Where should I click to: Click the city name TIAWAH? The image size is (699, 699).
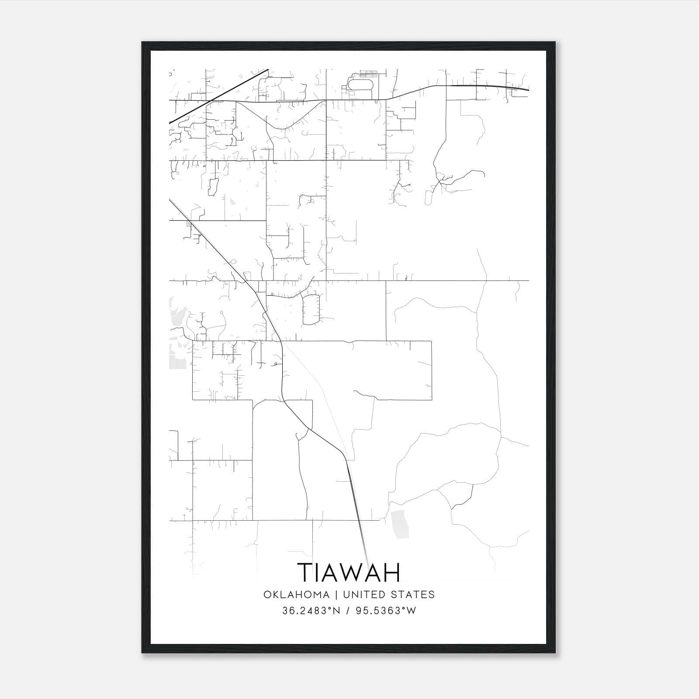[349, 573]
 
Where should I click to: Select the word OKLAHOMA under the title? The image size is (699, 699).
[296, 595]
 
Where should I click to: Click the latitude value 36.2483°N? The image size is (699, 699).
[311, 611]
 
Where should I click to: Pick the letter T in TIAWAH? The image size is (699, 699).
[305, 573]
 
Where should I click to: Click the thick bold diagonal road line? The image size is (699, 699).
[218, 96]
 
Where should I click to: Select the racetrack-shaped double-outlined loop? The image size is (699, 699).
[361, 83]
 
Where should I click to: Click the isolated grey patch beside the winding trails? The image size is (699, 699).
[400, 524]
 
